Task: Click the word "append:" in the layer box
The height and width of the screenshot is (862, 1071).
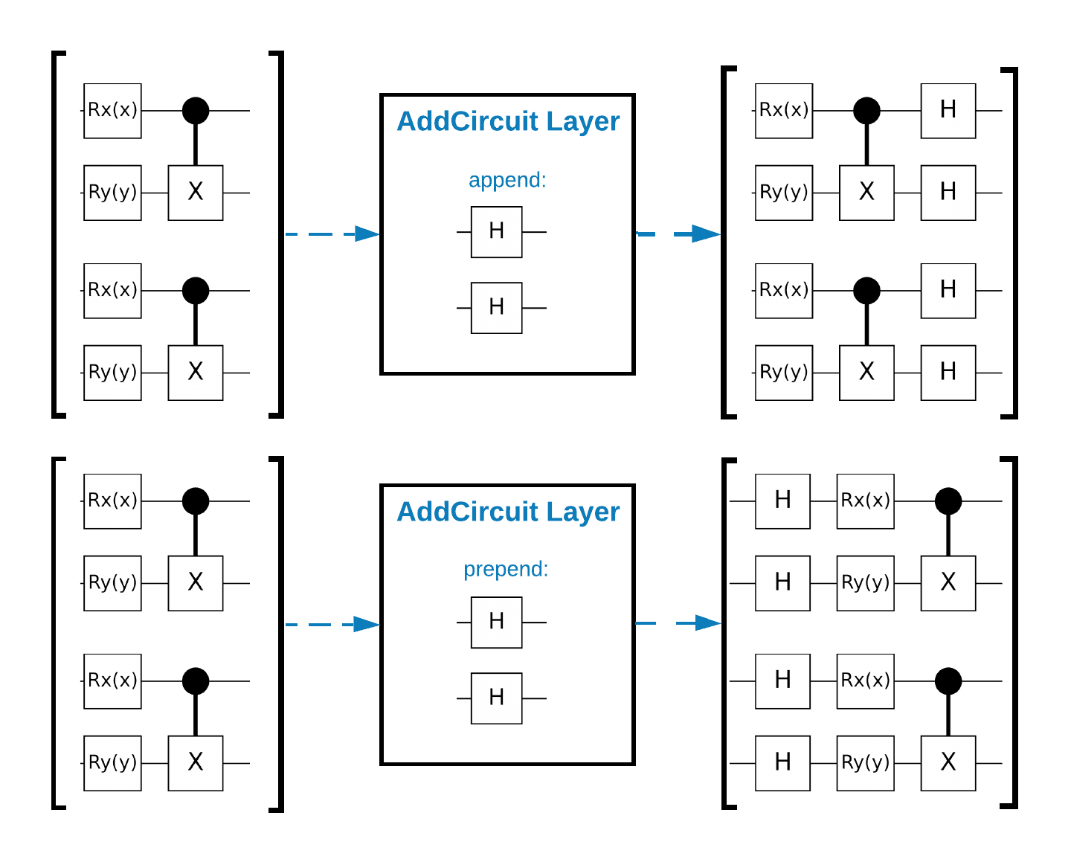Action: [x=507, y=180]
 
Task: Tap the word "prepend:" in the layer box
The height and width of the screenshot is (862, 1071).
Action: [x=506, y=570]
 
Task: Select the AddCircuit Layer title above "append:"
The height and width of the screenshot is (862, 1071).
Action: [x=508, y=121]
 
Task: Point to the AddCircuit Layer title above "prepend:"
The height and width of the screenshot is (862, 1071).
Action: [x=508, y=512]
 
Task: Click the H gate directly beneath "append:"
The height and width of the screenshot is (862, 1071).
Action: [x=496, y=232]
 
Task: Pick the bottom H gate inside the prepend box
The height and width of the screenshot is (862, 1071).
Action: [x=496, y=698]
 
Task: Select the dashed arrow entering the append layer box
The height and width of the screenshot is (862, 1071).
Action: [x=332, y=234]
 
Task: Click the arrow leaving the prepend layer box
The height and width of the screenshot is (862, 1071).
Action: [x=678, y=623]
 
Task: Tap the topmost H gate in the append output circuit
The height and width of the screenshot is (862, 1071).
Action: [x=948, y=111]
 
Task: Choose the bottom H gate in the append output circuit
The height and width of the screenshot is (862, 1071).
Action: [x=948, y=373]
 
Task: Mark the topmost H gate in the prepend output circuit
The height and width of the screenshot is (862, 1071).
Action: [x=782, y=501]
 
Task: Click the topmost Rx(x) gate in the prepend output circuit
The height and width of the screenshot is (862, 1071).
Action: [x=865, y=501]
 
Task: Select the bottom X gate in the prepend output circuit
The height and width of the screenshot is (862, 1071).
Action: [x=948, y=763]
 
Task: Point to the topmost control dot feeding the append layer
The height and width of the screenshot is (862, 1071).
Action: [x=195, y=111]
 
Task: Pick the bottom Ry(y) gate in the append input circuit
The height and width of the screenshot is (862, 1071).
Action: [x=112, y=373]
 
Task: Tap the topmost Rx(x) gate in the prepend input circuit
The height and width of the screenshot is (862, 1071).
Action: [x=112, y=501]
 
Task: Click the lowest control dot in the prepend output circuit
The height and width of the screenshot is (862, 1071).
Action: [x=948, y=681]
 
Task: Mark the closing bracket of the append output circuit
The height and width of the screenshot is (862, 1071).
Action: [x=1015, y=243]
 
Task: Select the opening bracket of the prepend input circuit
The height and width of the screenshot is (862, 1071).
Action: [x=54, y=633]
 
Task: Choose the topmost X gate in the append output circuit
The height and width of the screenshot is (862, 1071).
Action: [x=866, y=193]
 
